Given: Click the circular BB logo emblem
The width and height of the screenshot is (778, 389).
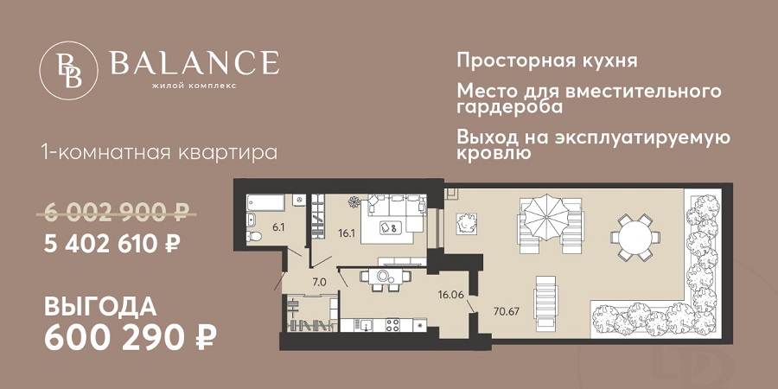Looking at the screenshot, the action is click(69, 68).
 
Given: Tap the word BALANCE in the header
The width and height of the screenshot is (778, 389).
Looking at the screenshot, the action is click(194, 63).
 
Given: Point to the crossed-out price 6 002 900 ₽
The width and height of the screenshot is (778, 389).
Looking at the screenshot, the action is click(115, 213).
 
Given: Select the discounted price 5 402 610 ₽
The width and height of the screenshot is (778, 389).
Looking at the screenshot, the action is click(112, 244).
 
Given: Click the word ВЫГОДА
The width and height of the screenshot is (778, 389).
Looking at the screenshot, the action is click(100, 308).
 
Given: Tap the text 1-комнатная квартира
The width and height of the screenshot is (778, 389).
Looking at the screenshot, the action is click(159, 153).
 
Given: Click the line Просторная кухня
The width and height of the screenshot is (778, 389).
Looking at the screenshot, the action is click(547, 61).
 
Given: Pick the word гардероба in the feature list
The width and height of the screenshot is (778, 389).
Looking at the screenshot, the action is click(509, 108).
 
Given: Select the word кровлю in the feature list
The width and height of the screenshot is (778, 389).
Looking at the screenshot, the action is click(494, 153).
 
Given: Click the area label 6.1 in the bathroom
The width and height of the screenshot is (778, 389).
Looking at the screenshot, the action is click(277, 227).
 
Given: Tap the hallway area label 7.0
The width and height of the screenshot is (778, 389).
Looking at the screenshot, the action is click(318, 283).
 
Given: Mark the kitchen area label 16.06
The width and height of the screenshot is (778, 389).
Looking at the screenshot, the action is click(450, 294).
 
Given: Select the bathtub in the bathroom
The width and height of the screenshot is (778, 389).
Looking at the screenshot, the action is click(266, 202).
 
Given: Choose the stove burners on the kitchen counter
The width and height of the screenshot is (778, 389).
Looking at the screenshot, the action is click(392, 325).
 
